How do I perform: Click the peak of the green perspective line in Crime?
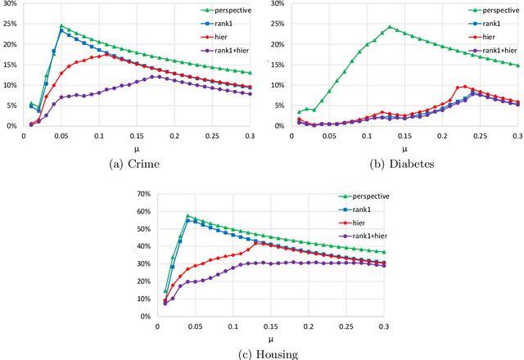click(x=61, y=25)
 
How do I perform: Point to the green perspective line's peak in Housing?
click(x=187, y=215)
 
